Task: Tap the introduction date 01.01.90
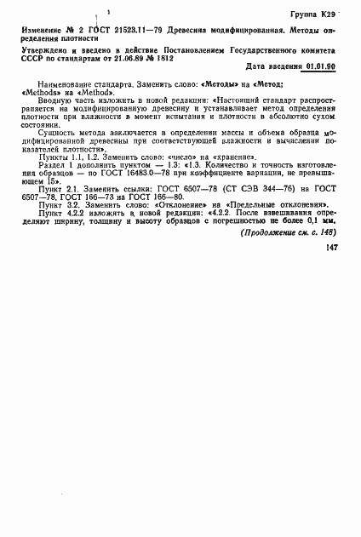329,66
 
